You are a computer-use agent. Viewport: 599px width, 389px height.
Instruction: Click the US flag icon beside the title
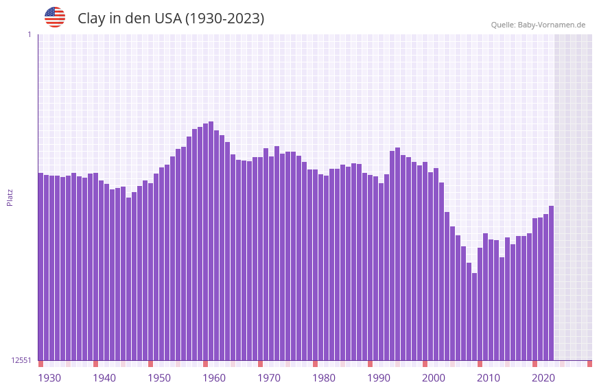point(55,17)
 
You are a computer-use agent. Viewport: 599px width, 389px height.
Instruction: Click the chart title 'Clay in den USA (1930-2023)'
point(171,19)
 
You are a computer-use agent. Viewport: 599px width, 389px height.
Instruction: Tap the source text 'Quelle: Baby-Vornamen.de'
point(538,25)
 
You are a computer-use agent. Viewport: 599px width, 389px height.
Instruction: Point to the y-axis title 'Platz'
point(10,197)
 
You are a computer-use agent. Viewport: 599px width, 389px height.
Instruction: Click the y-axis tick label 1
point(29,34)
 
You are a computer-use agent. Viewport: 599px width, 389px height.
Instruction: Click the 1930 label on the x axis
point(49,378)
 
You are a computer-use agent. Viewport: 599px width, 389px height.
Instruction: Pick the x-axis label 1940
point(104,378)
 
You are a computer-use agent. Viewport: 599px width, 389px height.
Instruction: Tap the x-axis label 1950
point(159,378)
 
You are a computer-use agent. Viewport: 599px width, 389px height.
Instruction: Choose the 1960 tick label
point(214,378)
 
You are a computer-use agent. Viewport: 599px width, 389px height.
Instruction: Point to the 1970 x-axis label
point(269,378)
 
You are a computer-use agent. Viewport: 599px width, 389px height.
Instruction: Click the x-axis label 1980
point(324,378)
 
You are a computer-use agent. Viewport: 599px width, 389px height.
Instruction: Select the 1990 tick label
point(379,378)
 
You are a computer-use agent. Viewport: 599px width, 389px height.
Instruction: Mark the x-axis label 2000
point(434,378)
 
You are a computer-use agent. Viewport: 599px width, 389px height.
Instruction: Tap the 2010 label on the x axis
point(489,378)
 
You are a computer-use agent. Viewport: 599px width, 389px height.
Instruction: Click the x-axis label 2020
point(543,378)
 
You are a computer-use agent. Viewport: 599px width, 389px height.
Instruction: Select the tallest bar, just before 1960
point(211,240)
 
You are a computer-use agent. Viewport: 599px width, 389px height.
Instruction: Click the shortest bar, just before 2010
point(474,316)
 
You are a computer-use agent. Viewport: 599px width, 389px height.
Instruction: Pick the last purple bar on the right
point(551,283)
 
